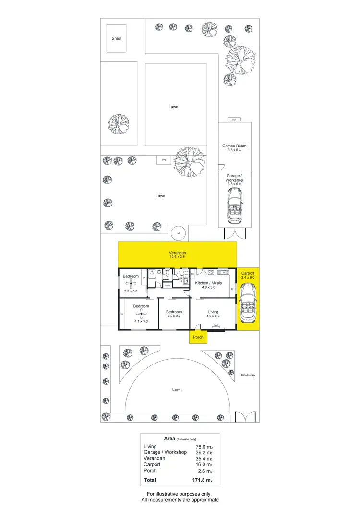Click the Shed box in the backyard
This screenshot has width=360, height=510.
tap(116, 38)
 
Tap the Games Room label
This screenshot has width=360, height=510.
tap(234, 146)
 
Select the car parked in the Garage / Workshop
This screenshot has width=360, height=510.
tap(234, 206)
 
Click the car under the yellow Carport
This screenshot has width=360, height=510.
tap(248, 302)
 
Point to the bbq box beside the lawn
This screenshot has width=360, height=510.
tap(163, 159)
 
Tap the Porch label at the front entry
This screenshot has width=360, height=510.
tap(198, 337)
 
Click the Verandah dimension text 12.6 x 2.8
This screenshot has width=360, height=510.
tap(177, 257)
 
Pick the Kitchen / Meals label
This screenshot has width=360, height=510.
tap(208, 283)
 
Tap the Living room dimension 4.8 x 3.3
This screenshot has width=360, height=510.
tap(213, 316)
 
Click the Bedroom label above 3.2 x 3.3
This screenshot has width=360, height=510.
tap(174, 311)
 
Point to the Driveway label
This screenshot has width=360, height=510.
tap(247, 375)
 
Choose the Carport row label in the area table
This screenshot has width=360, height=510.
tap(152, 464)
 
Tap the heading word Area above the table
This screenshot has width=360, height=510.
tap(169, 439)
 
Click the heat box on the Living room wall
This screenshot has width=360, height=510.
tap(216, 326)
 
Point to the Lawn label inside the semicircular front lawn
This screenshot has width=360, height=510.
tap(177, 389)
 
